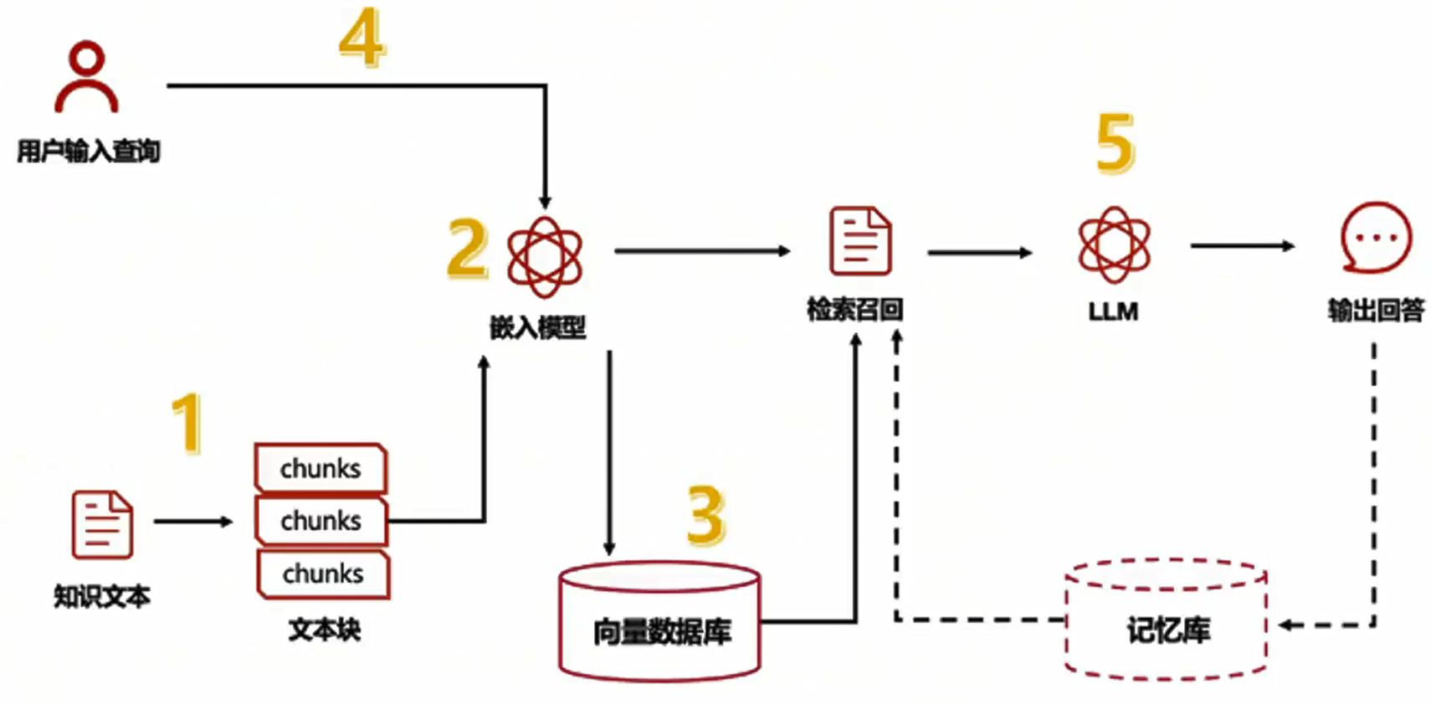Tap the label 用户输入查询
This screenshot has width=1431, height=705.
tap(89, 152)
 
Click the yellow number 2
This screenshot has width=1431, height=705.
tap(467, 248)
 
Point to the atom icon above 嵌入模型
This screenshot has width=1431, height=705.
tap(544, 256)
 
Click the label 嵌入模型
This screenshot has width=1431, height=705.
tap(537, 327)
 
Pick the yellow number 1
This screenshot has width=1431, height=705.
tap(188, 423)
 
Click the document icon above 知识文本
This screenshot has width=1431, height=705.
tap(102, 524)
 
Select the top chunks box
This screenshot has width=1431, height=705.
tap(321, 468)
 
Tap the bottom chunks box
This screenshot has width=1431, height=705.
tap(323, 574)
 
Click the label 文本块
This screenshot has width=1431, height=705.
tap(324, 629)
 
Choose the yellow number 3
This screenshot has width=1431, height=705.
tap(705, 515)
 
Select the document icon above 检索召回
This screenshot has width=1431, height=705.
tap(859, 241)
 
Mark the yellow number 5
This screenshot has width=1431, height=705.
tap(1116, 143)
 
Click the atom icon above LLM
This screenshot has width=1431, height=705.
tap(1114, 244)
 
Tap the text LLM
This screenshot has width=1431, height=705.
tap(1113, 311)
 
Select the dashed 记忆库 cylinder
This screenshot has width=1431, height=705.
tap(1166, 620)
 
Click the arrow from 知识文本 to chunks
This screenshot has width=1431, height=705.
tap(192, 522)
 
